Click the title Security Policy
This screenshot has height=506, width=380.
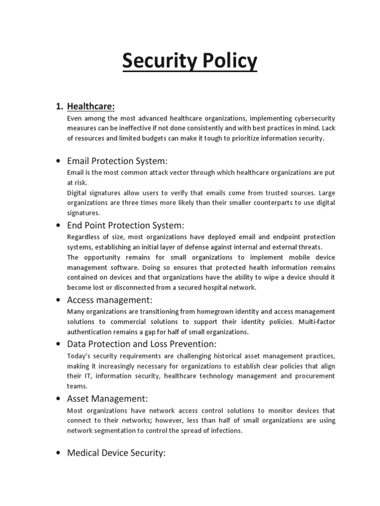[x=190, y=62]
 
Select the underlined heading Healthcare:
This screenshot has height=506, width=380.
[x=92, y=106]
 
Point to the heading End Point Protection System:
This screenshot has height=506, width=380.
[x=125, y=225]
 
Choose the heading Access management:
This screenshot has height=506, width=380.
[x=109, y=300]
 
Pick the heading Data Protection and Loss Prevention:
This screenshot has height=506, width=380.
[x=142, y=343]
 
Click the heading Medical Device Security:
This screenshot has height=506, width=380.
[x=116, y=452]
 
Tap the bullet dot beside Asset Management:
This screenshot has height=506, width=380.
[x=59, y=399]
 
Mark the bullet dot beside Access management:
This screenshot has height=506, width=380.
[x=59, y=300]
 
